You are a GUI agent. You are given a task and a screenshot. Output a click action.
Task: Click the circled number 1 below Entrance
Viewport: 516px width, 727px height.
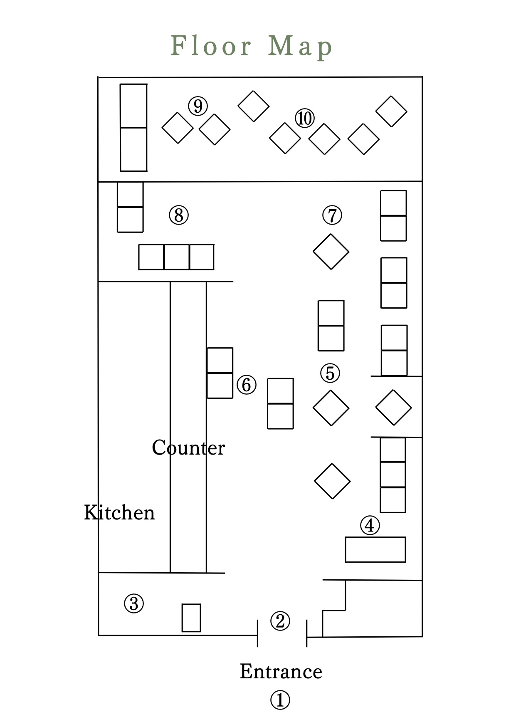[280, 700]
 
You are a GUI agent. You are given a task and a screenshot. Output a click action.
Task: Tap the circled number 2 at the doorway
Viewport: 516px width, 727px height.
[280, 621]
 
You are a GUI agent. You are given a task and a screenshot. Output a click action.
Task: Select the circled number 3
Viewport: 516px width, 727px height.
[134, 603]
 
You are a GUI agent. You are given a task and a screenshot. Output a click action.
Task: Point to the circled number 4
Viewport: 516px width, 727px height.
[370, 526]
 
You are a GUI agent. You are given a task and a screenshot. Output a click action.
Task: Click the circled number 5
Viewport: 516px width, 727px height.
[330, 373]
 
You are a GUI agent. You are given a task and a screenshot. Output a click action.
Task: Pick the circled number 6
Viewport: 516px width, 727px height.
[247, 385]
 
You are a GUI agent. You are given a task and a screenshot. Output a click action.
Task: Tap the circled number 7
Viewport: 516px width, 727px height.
[332, 215]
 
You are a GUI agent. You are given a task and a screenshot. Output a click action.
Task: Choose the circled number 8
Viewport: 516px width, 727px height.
[179, 215]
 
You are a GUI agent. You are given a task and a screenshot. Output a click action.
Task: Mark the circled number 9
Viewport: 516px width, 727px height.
[198, 106]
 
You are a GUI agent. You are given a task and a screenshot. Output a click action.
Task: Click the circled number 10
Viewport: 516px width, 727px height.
[305, 119]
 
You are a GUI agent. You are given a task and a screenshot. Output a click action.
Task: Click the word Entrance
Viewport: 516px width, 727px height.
[281, 672]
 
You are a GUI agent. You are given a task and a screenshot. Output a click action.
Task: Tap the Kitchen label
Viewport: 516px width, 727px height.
[119, 512]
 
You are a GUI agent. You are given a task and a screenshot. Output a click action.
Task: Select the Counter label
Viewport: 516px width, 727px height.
[188, 448]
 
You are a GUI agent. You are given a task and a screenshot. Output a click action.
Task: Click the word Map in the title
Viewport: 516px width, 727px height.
[300, 46]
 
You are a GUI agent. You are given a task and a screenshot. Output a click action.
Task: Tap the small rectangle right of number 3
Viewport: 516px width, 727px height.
[191, 618]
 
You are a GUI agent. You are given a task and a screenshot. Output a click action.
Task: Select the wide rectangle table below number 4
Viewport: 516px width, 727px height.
[375, 549]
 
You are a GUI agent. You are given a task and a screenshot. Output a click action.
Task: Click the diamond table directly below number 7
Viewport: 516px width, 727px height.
[331, 252]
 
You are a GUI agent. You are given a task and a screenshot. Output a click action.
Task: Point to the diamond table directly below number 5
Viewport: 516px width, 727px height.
[331, 408]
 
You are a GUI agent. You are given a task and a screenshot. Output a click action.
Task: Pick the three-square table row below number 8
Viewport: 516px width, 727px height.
[176, 257]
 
